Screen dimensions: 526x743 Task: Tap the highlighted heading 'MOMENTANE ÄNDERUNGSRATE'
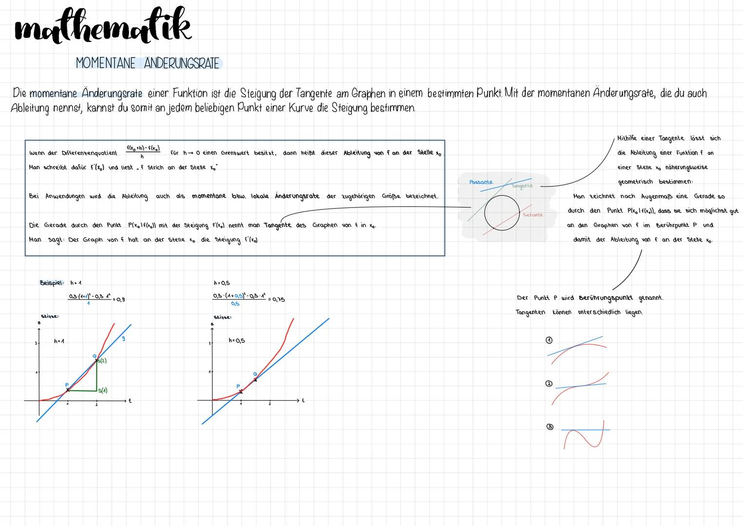(x=148, y=63)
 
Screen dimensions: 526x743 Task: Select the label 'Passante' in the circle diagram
(x=481, y=182)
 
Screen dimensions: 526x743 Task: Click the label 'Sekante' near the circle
(x=533, y=215)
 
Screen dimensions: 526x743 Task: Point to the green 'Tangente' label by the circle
(x=522, y=186)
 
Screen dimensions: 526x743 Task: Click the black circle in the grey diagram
(x=502, y=213)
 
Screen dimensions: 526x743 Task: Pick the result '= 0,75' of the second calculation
(x=276, y=300)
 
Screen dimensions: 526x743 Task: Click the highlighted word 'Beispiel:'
(x=52, y=282)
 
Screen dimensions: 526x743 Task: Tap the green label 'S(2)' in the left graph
(x=102, y=361)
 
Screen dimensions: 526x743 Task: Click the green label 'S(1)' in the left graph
(x=102, y=391)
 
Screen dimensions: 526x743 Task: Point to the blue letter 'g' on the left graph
(x=123, y=338)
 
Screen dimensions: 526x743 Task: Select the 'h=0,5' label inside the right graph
(x=236, y=340)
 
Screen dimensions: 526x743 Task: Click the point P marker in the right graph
(x=241, y=391)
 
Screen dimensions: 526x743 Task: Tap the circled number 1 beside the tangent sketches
(x=549, y=340)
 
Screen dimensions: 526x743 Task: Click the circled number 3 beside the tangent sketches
(x=550, y=427)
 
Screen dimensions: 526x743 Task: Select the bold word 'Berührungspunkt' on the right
(x=606, y=298)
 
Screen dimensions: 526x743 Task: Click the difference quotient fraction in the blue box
(x=143, y=151)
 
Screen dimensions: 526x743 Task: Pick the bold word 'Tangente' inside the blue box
(x=277, y=225)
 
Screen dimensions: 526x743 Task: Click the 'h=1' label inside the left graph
(x=59, y=341)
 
